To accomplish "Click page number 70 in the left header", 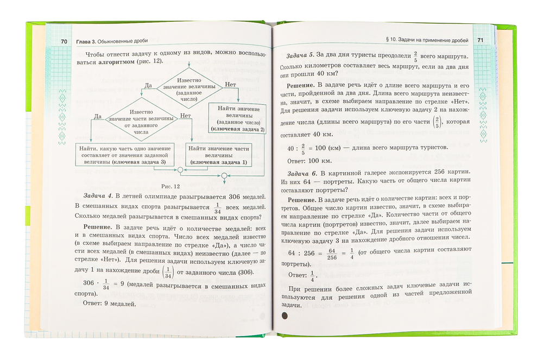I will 64,42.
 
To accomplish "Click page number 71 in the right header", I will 479,41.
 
